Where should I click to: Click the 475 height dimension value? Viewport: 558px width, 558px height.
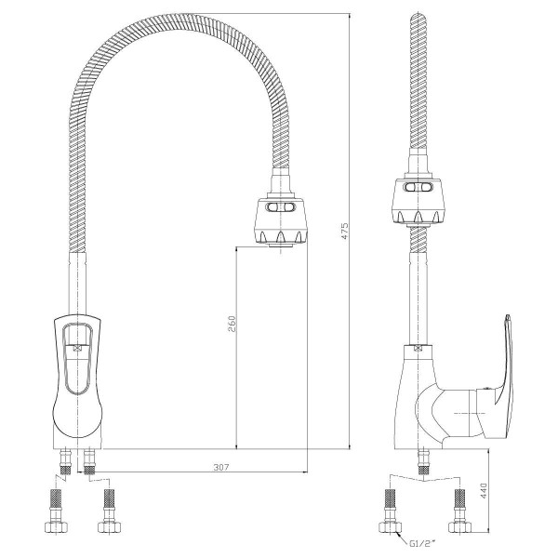(344, 231)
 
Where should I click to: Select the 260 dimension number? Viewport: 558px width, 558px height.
(232, 324)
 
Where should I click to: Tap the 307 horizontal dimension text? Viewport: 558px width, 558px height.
(221, 467)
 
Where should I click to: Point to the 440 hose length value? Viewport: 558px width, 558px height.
(484, 490)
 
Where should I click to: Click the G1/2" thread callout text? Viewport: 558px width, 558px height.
(421, 543)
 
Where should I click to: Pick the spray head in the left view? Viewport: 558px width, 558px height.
(281, 221)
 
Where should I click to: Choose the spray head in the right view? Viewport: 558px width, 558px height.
(418, 201)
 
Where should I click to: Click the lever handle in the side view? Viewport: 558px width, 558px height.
(497, 378)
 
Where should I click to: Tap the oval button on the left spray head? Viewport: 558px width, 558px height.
(281, 207)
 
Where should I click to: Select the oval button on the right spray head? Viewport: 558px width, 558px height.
(418, 187)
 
